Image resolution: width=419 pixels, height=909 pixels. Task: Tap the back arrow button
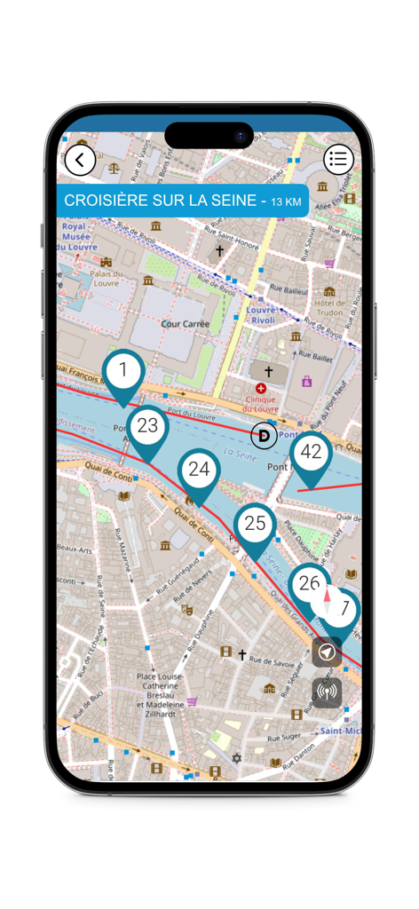coord(80,161)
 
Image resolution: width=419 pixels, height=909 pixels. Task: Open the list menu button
coord(337,160)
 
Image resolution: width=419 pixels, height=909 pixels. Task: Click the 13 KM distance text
coord(286,202)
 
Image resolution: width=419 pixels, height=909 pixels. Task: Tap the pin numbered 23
coord(147,427)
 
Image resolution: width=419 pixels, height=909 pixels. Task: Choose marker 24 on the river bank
coord(199,470)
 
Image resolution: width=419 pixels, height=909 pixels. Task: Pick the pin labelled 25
coord(255,524)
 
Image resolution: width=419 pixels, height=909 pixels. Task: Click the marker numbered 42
coord(311,453)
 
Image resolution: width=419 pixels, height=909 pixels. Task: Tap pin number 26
coord(309,583)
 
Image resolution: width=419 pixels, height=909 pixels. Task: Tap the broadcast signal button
coord(327,692)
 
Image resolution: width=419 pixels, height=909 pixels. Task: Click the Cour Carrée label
coord(186,324)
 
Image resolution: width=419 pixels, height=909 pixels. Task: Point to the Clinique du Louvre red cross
coord(261,389)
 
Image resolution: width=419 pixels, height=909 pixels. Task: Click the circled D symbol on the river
coord(264,436)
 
